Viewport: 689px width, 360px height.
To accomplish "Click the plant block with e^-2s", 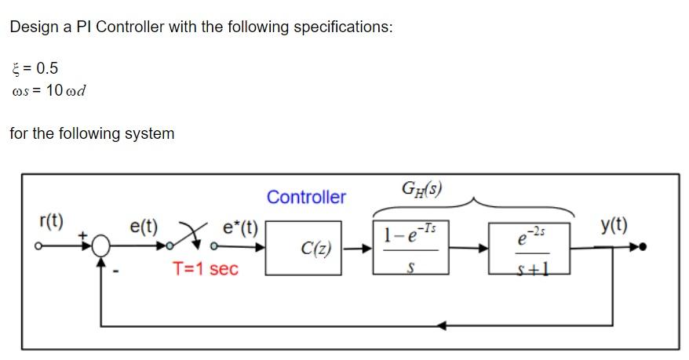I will click(x=528, y=248).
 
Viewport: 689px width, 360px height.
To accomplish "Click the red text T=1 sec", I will click(x=205, y=269).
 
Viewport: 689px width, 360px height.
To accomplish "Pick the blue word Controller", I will click(x=306, y=197).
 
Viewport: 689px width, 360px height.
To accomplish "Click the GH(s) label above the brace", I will click(x=421, y=188).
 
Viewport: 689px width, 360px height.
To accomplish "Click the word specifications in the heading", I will click(x=342, y=27).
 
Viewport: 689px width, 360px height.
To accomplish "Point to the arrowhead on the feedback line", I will click(x=444, y=324).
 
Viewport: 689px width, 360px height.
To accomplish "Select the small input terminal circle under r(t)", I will click(x=38, y=248).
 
